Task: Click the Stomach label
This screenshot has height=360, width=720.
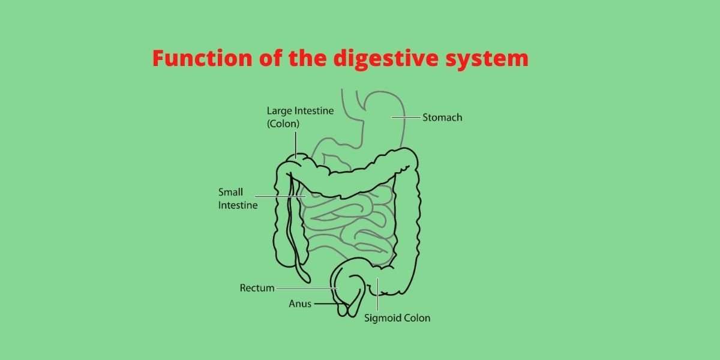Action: tap(442, 118)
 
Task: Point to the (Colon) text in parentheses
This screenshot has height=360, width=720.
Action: tap(283, 124)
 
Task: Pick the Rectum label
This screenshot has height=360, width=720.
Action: tap(257, 288)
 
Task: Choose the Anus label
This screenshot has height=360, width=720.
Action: tap(300, 304)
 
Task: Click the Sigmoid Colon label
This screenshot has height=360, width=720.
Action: tap(397, 318)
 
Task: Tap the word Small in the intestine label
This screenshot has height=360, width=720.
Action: tap(230, 193)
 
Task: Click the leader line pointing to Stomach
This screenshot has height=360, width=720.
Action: tap(405, 118)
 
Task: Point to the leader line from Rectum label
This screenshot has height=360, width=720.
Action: tap(306, 289)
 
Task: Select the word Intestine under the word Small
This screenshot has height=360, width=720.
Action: tap(238, 205)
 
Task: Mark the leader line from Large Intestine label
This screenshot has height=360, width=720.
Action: tap(295, 144)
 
